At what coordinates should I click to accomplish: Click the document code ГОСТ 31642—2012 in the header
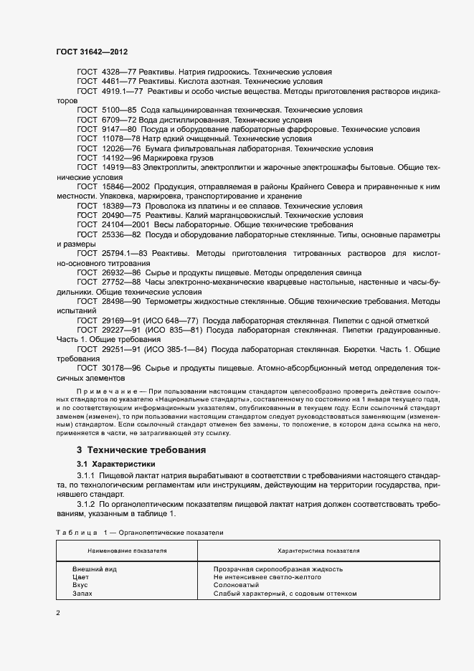(x=92, y=52)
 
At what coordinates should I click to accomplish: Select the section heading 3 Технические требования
(x=141, y=450)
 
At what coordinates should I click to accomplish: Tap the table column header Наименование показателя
(x=128, y=551)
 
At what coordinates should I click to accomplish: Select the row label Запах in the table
(x=82, y=594)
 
